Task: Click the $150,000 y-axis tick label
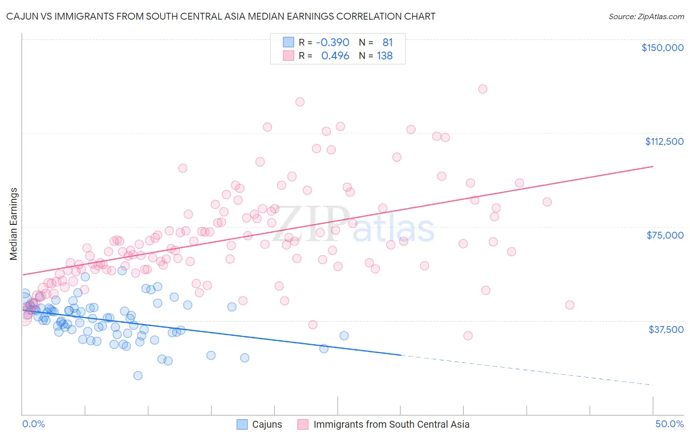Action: point(662,48)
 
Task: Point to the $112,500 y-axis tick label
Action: point(664,141)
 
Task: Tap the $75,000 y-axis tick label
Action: point(665,235)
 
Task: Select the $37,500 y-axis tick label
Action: point(666,329)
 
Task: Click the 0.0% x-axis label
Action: point(33,424)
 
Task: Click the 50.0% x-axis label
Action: point(669,424)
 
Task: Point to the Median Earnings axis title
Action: point(13,224)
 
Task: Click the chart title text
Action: point(221,16)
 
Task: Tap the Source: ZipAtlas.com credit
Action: point(646,16)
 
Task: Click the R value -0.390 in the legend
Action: point(332,43)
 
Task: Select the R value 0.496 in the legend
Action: point(335,56)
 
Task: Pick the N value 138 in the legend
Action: point(385,56)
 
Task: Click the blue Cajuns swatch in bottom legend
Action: point(242,424)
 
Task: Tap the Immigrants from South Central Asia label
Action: point(391,424)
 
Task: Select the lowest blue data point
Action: point(138,376)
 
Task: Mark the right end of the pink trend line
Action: point(653,166)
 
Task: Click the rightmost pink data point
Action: point(570,305)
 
